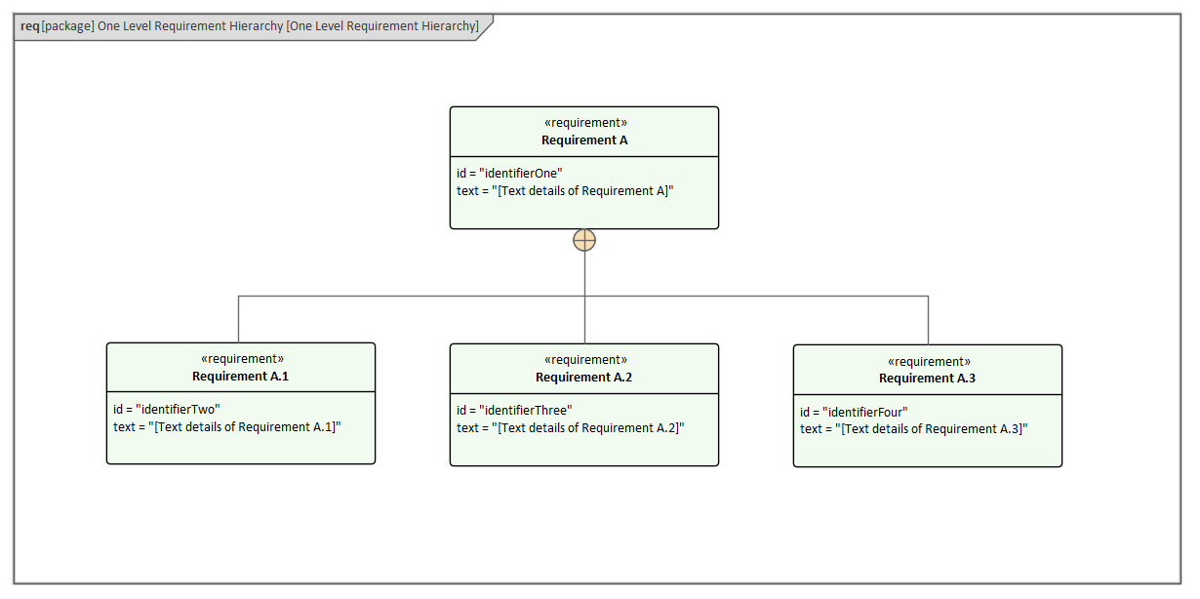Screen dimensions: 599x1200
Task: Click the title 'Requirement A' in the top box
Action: pyautogui.click(x=584, y=140)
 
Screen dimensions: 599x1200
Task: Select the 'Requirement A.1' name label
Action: pyautogui.click(x=240, y=377)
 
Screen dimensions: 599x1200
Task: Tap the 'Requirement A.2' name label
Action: pyautogui.click(x=583, y=378)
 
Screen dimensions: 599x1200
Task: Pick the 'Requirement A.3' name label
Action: pyautogui.click(x=927, y=379)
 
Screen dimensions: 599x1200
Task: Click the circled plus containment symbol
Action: pyautogui.click(x=584, y=240)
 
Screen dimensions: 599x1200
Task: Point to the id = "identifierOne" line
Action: pyautogui.click(x=509, y=174)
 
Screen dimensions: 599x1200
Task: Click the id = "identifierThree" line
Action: pyautogui.click(x=514, y=411)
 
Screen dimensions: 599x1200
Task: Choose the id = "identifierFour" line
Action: pyautogui.click(x=854, y=413)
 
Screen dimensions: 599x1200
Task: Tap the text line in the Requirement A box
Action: pyautogui.click(x=565, y=191)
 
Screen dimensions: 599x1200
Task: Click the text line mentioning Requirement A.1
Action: pyautogui.click(x=227, y=427)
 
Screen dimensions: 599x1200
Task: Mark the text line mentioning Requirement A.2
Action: pyautogui.click(x=571, y=428)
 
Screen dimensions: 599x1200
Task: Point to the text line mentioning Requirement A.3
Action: pyautogui.click(x=914, y=429)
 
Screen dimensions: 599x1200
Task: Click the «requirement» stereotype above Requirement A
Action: pyautogui.click(x=584, y=123)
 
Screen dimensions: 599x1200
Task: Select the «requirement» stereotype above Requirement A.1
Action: pyautogui.click(x=241, y=359)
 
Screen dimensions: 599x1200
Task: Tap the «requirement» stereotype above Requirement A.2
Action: pyautogui.click(x=584, y=360)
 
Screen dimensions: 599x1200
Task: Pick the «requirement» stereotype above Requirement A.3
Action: pyautogui.click(x=928, y=361)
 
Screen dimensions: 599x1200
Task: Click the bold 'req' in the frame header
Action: pyautogui.click(x=29, y=26)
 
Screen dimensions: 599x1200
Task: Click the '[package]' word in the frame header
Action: pyautogui.click(x=67, y=26)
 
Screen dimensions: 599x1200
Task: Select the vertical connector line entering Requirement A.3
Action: pyautogui.click(x=928, y=320)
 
